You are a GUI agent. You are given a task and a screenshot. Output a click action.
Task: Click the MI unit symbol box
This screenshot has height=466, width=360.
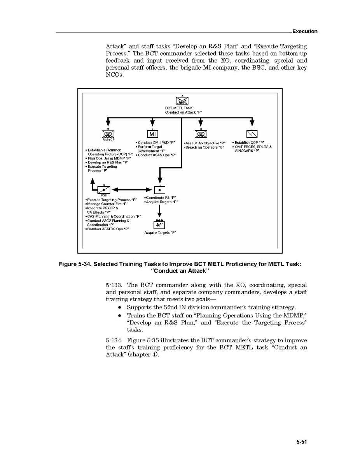152,134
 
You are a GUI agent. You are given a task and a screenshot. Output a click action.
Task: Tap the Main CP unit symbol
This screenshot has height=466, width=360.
108,134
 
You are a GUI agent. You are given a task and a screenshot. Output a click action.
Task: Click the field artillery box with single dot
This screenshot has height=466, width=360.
160,190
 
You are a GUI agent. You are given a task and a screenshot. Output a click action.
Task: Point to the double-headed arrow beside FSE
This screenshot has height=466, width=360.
132,190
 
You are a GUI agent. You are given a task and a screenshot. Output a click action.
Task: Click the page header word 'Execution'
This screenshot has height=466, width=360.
305,32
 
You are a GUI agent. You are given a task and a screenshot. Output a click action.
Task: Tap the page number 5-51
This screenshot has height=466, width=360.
302,442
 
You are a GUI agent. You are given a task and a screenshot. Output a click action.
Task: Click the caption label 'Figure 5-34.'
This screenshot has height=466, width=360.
75,265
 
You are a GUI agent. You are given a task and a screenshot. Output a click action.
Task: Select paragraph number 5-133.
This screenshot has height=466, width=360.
114,285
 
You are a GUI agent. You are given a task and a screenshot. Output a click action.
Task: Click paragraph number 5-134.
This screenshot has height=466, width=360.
114,341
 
